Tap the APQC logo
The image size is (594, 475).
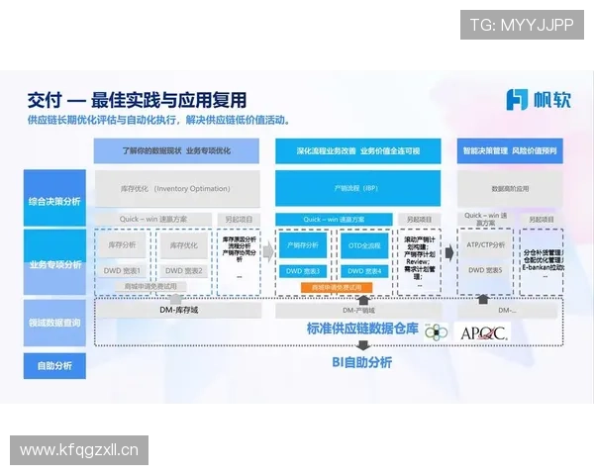pyautogui.click(x=483, y=332)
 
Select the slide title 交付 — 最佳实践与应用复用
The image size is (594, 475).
pyautogui.click(x=138, y=100)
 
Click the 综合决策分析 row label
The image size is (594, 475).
pyautogui.click(x=55, y=201)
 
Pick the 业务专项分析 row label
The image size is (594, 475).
pyautogui.click(x=55, y=263)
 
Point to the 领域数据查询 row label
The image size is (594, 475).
pyautogui.click(x=55, y=323)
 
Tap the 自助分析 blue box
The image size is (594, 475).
pyautogui.click(x=55, y=365)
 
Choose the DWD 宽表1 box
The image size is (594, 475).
pyautogui.click(x=123, y=269)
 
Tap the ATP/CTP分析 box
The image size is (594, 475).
pyautogui.click(x=486, y=244)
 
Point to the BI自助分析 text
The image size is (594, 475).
pyautogui.click(x=360, y=362)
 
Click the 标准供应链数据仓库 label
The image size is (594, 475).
pyautogui.click(x=361, y=329)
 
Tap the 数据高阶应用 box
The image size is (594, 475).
pyautogui.click(x=510, y=187)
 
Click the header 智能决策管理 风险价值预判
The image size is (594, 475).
pyautogui.click(x=510, y=151)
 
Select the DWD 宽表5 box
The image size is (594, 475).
pyautogui.click(x=486, y=269)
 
